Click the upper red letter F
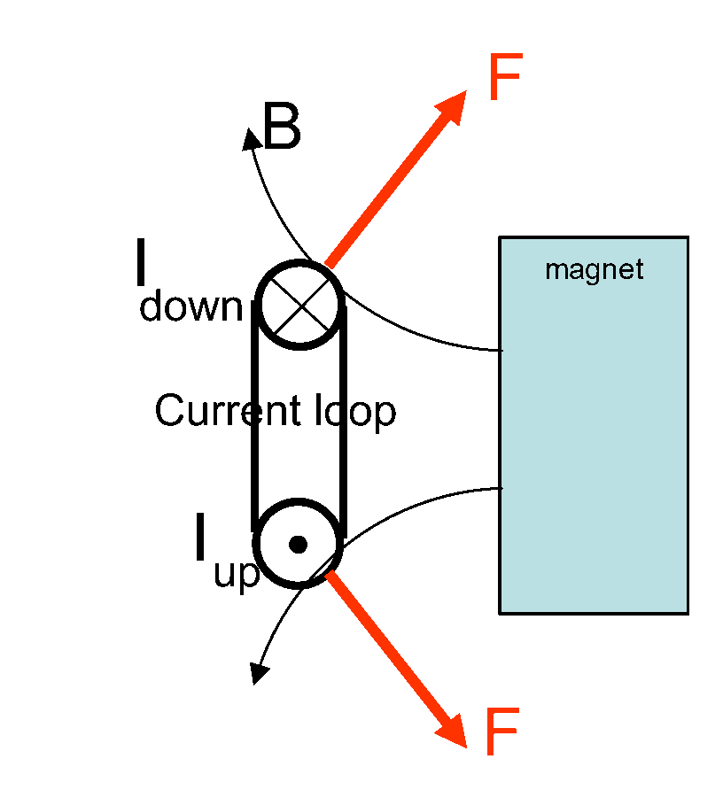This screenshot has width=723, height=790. click(505, 80)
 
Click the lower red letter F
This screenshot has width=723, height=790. click(501, 733)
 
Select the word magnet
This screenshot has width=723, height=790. click(594, 269)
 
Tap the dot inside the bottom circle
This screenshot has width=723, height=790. click(299, 544)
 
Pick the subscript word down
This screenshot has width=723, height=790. click(190, 307)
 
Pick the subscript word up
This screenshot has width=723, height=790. click(237, 574)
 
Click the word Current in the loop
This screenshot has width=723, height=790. click(214, 411)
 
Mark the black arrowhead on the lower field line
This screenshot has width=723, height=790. click(258, 673)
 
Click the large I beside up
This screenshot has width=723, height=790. click(201, 539)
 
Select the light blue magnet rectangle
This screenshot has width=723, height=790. click(594, 443)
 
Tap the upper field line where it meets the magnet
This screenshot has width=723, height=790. click(500, 351)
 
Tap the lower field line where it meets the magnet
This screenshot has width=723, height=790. click(500, 488)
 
